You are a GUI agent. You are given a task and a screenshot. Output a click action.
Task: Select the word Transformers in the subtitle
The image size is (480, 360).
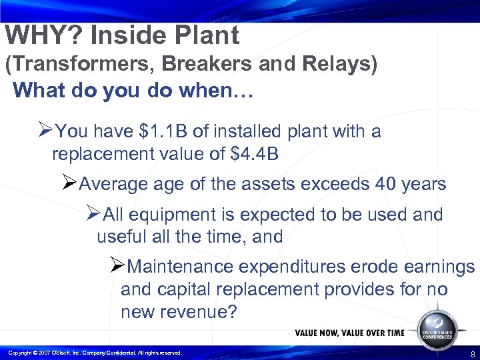pos(74,65)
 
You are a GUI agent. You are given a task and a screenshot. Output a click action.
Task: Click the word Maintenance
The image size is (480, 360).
pos(179,267)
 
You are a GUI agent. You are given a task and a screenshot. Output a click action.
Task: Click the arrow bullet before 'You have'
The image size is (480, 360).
pos(45,131)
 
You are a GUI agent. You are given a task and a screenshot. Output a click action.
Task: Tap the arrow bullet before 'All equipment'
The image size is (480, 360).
pos(93,214)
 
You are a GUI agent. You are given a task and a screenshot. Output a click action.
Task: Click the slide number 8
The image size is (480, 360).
pos(472,354)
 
